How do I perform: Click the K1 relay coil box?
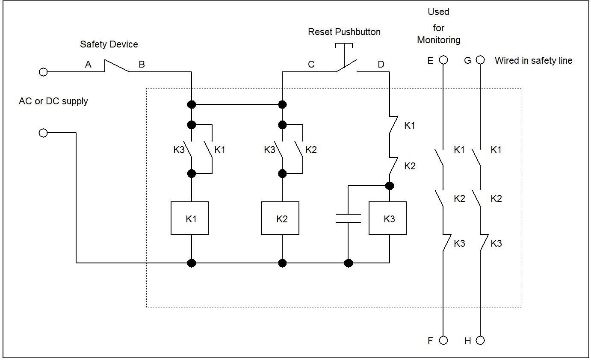189,218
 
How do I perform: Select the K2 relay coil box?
280,218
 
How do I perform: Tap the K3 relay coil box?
387,218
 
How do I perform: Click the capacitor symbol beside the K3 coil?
348,218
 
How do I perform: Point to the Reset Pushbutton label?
344,32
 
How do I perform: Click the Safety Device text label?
109,44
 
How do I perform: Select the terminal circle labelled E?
443,60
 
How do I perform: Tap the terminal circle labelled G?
480,60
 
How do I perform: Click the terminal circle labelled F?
443,340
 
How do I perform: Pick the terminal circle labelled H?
480,340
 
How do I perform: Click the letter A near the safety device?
88,65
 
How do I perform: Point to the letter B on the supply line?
142,65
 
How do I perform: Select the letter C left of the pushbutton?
311,65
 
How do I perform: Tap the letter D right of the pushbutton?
381,65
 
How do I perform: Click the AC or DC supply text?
53,101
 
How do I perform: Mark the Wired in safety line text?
533,61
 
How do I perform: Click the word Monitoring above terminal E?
439,40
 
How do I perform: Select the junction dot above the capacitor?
389,186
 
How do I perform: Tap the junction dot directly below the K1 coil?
192,263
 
